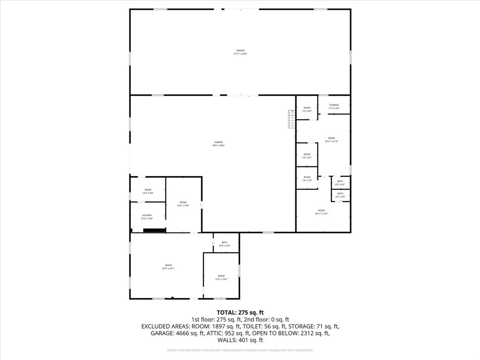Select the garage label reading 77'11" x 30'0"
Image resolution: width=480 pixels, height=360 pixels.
click(x=240, y=52)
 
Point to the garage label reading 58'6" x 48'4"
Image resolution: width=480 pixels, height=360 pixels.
click(x=218, y=143)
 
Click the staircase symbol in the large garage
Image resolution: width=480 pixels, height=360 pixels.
click(x=291, y=119)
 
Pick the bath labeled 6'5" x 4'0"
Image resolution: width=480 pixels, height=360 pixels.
click(x=340, y=195)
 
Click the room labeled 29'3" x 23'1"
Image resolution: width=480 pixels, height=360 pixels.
click(x=168, y=267)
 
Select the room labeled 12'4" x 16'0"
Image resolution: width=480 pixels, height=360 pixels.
click(x=221, y=277)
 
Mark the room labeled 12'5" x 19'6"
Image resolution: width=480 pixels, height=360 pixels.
click(x=183, y=204)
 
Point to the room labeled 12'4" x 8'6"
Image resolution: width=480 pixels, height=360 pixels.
click(x=148, y=191)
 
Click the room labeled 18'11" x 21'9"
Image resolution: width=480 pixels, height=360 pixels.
click(x=331, y=139)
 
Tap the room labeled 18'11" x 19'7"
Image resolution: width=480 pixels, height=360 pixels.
click(x=321, y=212)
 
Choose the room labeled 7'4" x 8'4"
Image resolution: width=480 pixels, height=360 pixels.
click(x=307, y=110)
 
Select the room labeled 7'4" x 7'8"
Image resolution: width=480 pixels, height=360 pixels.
click(x=307, y=179)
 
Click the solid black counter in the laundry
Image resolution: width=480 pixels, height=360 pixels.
click(x=154, y=230)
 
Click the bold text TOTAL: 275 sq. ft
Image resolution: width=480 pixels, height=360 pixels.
click(x=240, y=312)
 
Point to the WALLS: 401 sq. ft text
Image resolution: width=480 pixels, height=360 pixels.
click(x=240, y=340)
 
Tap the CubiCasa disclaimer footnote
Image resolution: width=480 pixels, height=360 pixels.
click(x=240, y=350)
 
